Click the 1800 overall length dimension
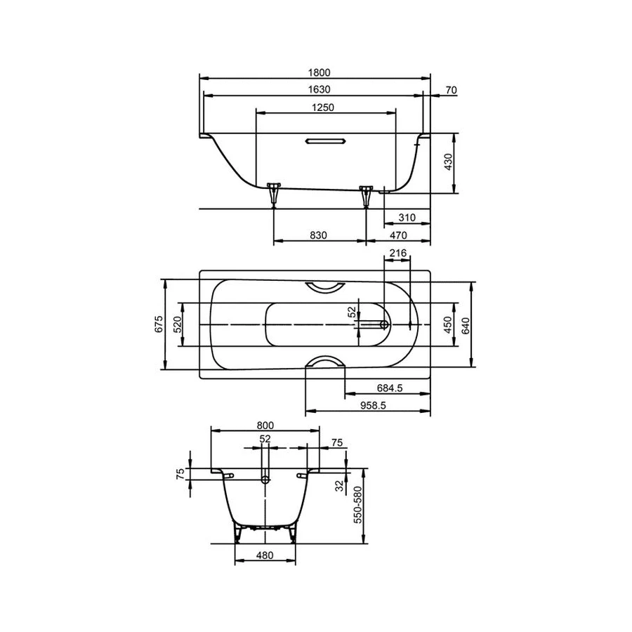(320, 72)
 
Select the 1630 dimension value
(320, 89)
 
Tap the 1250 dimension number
(323, 107)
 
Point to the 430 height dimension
(448, 162)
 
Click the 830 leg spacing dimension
(318, 235)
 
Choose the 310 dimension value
(407, 218)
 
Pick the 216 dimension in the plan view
(398, 253)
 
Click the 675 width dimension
(159, 324)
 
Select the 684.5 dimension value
(390, 388)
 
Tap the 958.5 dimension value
(373, 405)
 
